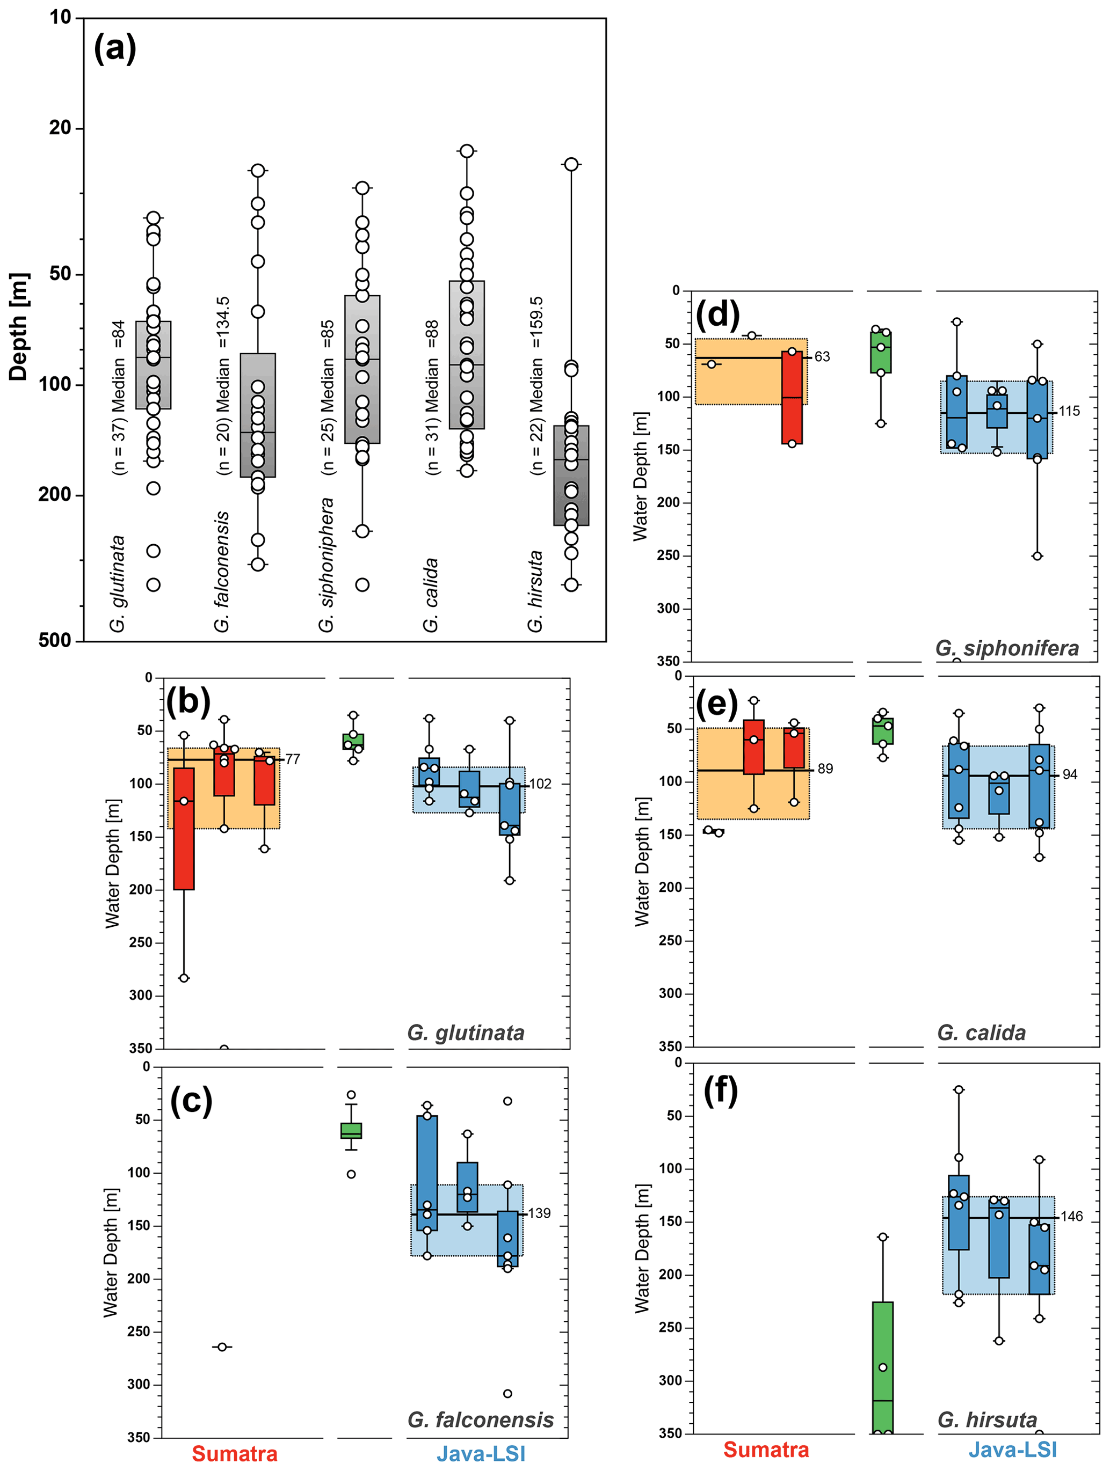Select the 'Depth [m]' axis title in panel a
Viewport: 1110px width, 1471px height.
point(19,326)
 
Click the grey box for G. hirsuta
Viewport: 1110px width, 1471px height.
point(571,475)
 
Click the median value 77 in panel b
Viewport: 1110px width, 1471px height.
point(293,759)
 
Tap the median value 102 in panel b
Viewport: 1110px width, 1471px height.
point(540,784)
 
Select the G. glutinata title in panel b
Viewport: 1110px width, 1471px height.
point(466,1033)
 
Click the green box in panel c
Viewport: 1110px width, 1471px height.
point(351,1131)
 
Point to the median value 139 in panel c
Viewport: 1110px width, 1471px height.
point(539,1213)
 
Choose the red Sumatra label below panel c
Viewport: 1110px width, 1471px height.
point(234,1454)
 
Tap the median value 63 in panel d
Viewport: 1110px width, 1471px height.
point(823,357)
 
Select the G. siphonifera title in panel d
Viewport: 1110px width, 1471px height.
point(1007,648)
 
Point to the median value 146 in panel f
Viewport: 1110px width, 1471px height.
point(1071,1217)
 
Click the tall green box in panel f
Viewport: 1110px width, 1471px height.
point(883,1366)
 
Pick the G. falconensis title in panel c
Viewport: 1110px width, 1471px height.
point(481,1421)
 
